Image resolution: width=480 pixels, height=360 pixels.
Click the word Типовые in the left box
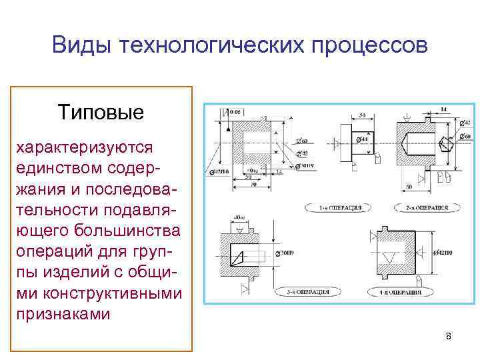[x=101, y=111]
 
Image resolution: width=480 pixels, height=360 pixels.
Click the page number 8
[x=449, y=335]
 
